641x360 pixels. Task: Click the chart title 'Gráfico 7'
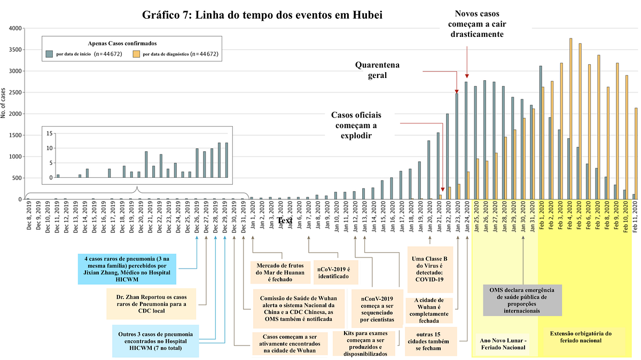262,14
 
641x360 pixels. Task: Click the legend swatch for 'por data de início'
49,54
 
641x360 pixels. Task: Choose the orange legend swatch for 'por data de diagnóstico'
137,54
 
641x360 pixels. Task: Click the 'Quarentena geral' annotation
378,70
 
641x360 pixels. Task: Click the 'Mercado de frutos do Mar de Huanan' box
279,272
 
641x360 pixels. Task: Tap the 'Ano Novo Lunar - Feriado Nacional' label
503,343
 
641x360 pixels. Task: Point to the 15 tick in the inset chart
50,133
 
